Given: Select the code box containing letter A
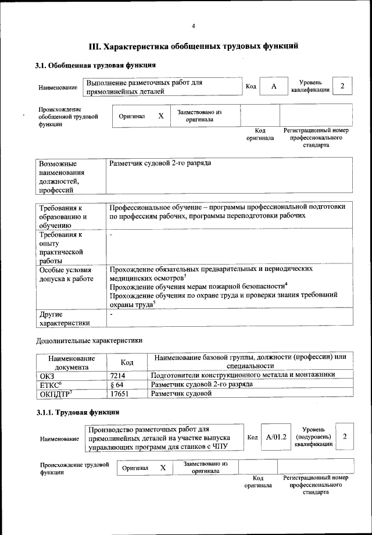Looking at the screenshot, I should tap(273, 87).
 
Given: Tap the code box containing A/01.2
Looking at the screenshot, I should tap(276, 437).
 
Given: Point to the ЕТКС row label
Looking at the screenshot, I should tap(51, 385).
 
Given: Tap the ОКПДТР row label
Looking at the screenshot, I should tap(55, 394).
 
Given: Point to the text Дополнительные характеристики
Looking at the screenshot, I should tap(89, 340).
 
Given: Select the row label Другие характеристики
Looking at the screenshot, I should tap(64, 319).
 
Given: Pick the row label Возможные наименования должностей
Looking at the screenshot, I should tap(62, 177).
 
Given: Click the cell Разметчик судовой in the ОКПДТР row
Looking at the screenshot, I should tap(181, 394).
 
